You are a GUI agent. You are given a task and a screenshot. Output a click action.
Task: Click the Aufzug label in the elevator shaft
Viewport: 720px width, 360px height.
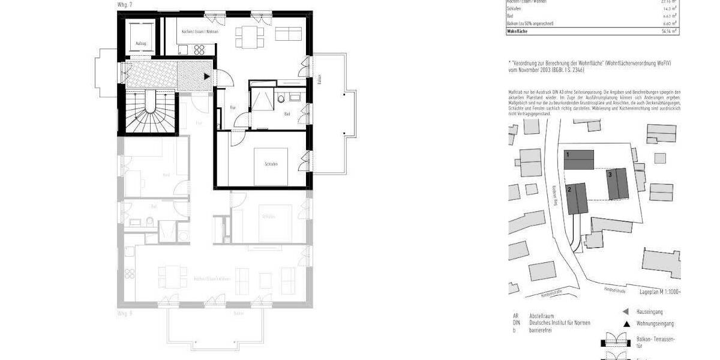point(141,43)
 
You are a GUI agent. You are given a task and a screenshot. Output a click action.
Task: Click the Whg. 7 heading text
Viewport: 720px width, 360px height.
point(124,5)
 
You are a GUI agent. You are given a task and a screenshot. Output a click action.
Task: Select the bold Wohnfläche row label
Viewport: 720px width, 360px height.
point(518,30)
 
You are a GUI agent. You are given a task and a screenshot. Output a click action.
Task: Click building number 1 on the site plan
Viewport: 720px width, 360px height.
point(567,155)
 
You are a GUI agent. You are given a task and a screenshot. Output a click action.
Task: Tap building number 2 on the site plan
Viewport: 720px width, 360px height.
point(569,188)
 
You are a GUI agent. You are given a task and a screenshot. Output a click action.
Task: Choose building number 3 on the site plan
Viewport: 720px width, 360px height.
point(610,175)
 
